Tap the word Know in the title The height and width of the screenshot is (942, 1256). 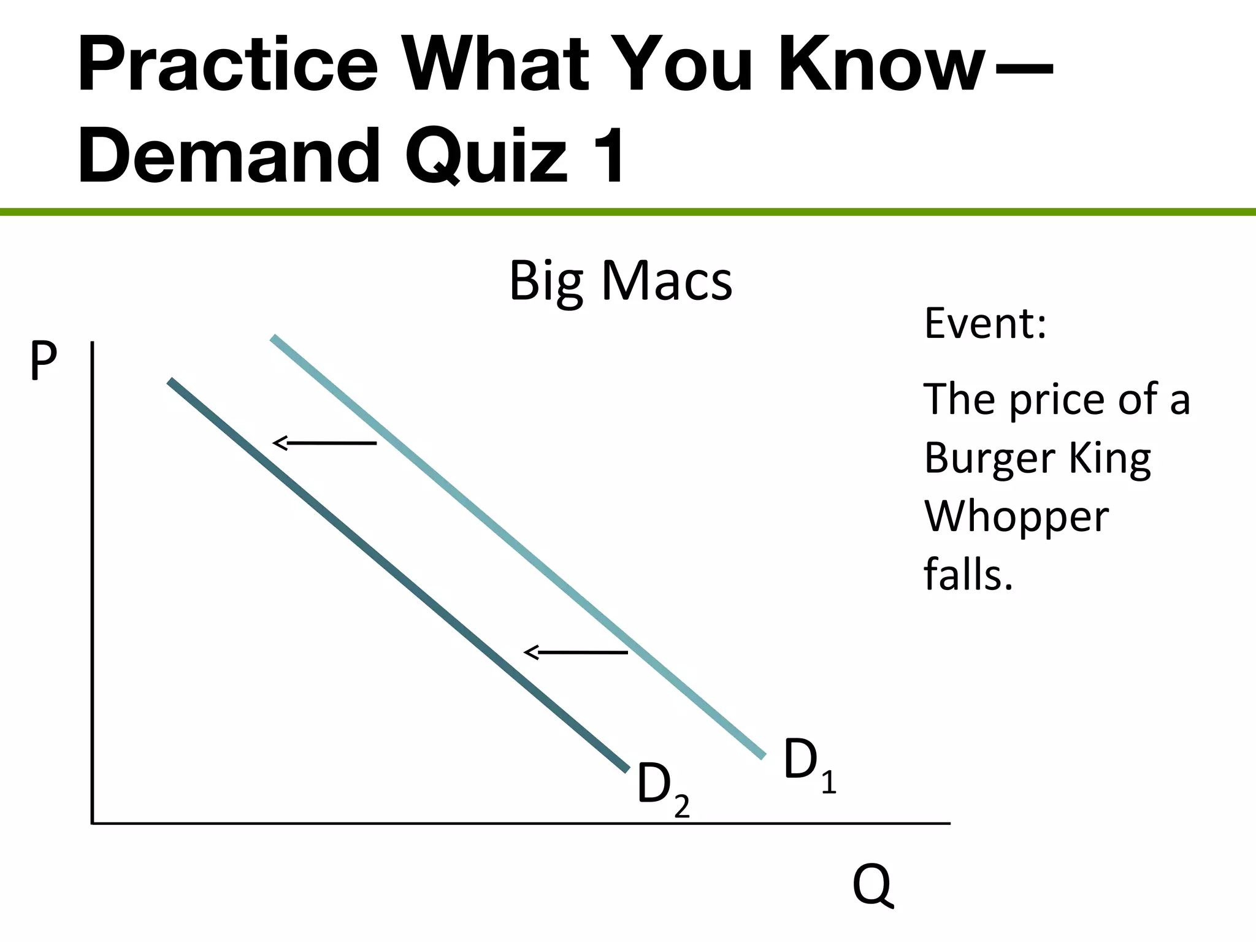coord(881,65)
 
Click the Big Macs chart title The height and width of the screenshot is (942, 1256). coord(621,281)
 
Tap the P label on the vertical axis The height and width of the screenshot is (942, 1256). coord(44,362)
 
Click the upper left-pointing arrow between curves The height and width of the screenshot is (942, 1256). coord(324,443)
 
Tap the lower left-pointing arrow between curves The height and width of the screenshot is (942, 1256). coord(576,653)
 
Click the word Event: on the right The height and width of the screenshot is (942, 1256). coord(985,323)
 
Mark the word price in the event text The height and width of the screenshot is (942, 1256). coord(1059,400)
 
